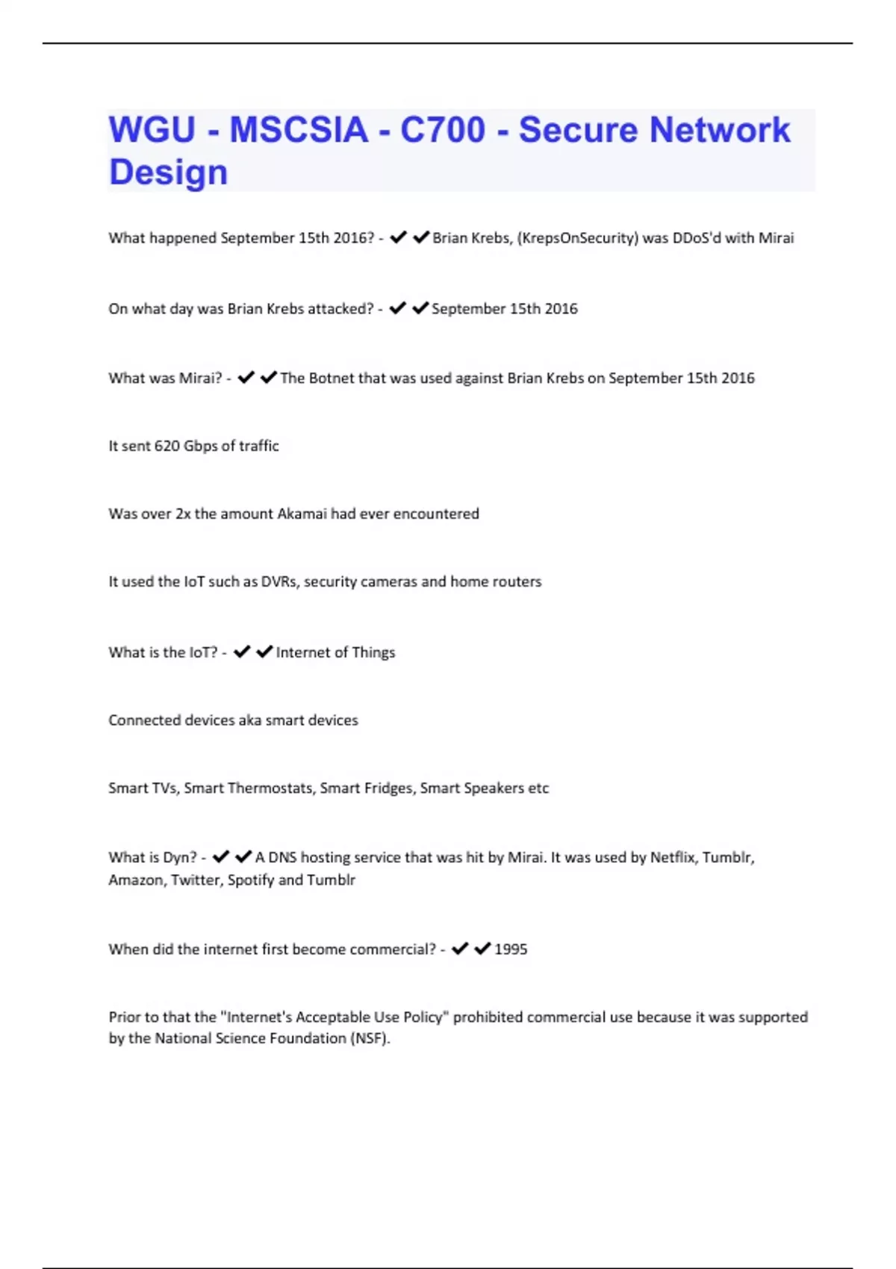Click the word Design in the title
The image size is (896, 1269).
point(168,172)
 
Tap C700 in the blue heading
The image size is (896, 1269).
point(442,130)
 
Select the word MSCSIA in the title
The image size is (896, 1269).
point(299,130)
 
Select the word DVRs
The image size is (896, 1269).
point(279,582)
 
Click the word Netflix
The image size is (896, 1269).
point(673,858)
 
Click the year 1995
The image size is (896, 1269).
point(511,950)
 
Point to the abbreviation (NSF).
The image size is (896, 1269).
point(370,1038)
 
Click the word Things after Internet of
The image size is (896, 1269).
point(373,652)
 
